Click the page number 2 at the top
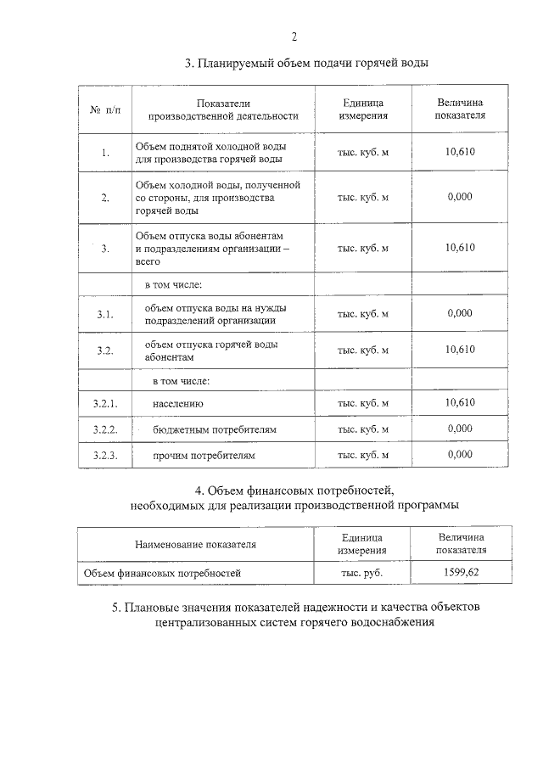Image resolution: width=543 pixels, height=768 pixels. click(x=294, y=36)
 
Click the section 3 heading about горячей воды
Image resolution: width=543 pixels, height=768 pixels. click(x=306, y=64)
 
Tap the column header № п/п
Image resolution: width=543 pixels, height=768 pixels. click(x=105, y=110)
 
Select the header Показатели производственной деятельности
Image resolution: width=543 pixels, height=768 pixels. click(x=222, y=109)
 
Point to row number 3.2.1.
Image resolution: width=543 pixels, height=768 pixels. click(x=104, y=403)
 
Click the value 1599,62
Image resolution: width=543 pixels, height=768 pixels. click(x=461, y=573)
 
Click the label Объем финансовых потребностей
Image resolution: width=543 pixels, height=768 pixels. click(x=162, y=574)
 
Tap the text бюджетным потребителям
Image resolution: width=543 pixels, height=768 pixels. click(x=215, y=429)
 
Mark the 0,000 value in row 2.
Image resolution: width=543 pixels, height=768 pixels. click(x=459, y=196)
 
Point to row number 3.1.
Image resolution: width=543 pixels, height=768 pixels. click(x=104, y=314)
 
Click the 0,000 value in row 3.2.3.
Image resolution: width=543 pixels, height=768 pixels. click(x=459, y=455)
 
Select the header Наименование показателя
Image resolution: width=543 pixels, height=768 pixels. click(x=195, y=544)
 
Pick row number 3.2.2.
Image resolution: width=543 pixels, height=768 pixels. click(x=104, y=429)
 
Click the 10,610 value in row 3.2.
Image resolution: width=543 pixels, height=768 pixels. click(x=460, y=350)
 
